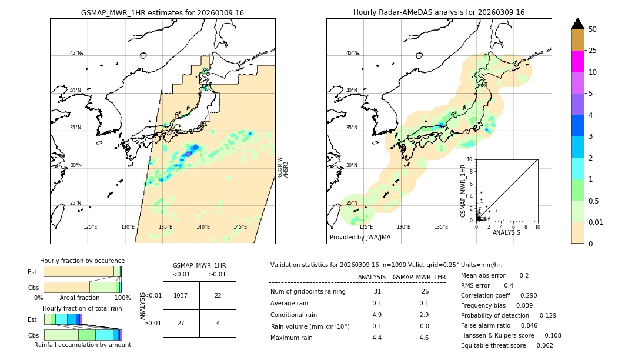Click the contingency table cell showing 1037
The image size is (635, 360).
[x=181, y=295]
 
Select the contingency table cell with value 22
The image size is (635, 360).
[x=218, y=295]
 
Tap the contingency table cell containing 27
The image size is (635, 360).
[x=181, y=323]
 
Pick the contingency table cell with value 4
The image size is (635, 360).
[x=218, y=323]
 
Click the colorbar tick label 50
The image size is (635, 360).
[x=593, y=29]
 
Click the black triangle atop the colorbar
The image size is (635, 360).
[x=578, y=24]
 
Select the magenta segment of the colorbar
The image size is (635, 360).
[x=578, y=61]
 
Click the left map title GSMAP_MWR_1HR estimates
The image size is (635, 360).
[x=162, y=12]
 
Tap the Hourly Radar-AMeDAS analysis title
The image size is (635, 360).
[x=439, y=12]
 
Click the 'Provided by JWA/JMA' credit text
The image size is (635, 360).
[x=360, y=238]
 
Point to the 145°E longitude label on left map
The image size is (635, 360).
[x=240, y=227]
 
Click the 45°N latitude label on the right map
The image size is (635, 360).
[x=352, y=53]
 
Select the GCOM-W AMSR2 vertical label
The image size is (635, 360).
[x=283, y=166]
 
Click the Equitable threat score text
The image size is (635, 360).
[x=507, y=345]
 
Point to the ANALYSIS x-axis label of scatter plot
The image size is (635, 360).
[x=506, y=232]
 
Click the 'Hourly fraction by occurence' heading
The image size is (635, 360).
[x=82, y=261]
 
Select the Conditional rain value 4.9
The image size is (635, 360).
[x=377, y=315]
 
